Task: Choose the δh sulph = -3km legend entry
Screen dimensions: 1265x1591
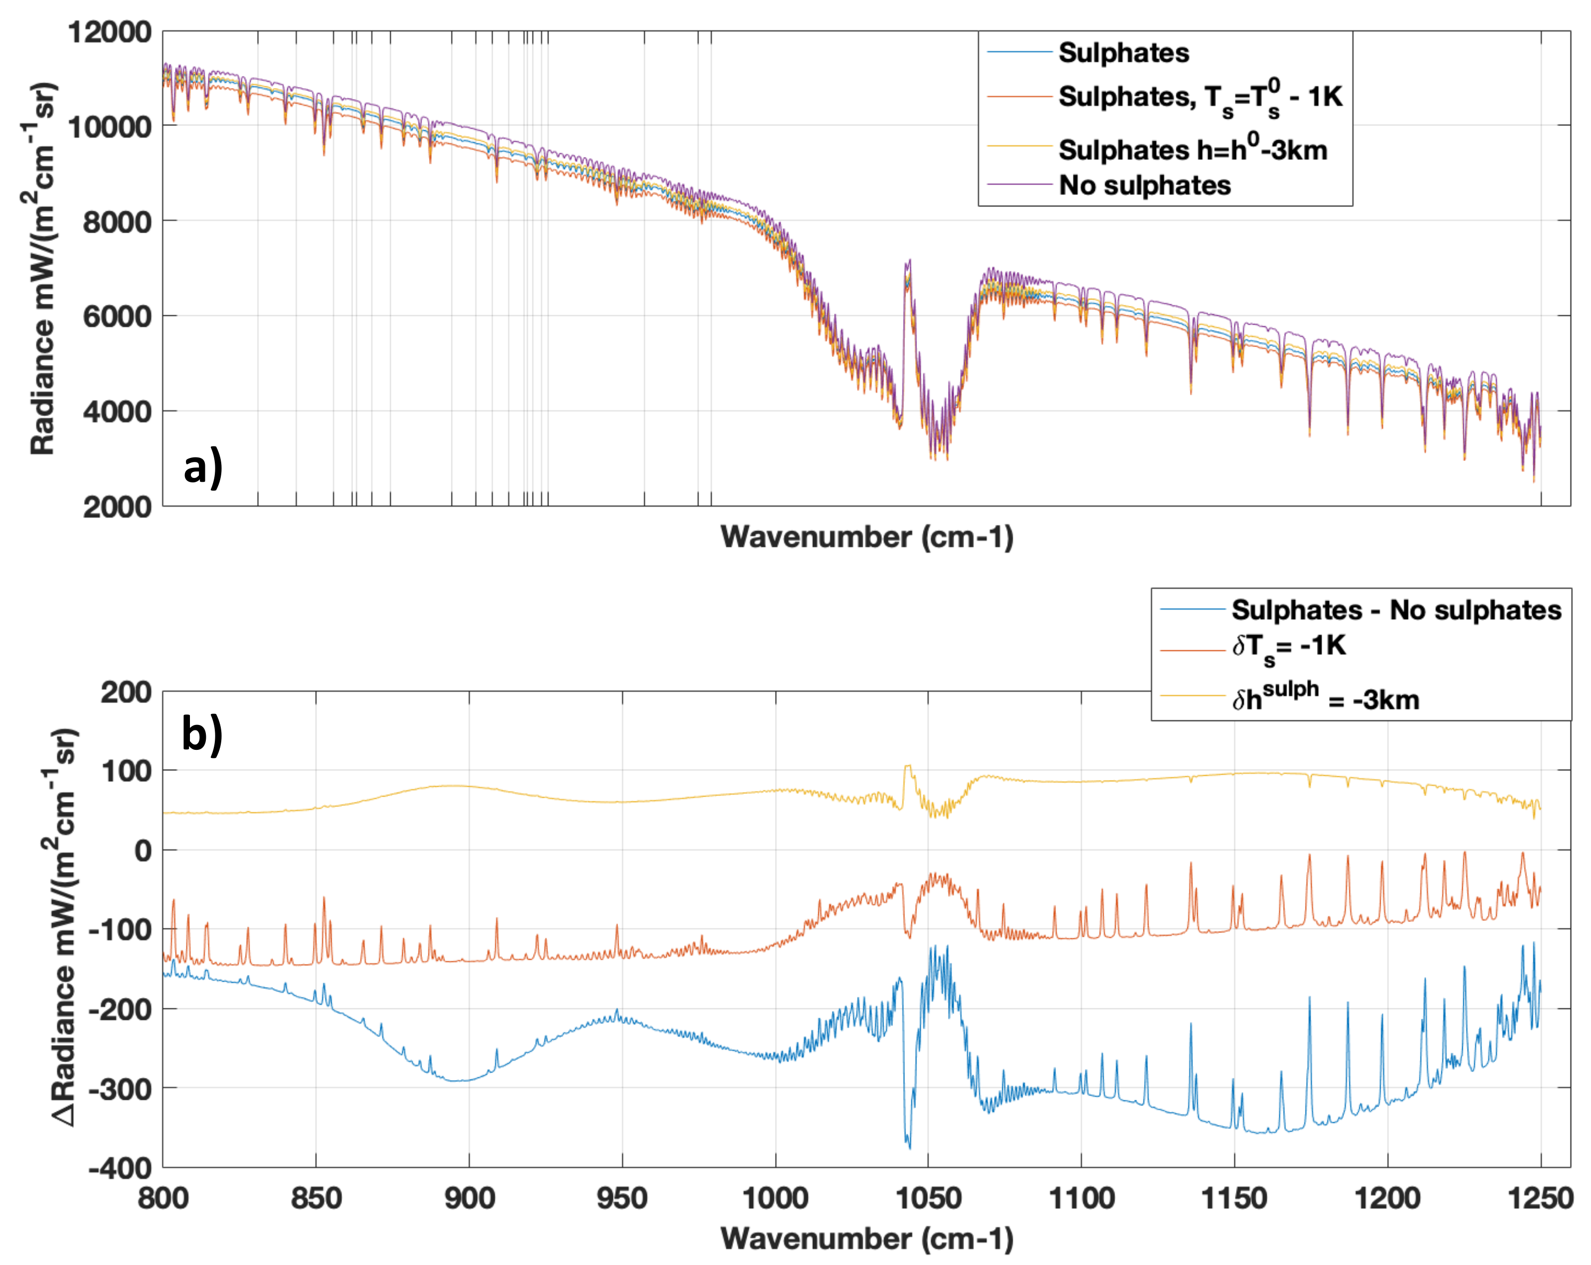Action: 1325,698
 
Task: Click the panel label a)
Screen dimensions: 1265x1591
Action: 202,468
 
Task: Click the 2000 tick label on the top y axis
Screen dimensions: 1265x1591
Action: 117,507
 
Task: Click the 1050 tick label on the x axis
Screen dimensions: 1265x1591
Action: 928,1198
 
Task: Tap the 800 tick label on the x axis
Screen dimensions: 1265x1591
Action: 163,1198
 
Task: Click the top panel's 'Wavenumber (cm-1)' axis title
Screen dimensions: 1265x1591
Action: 867,538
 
